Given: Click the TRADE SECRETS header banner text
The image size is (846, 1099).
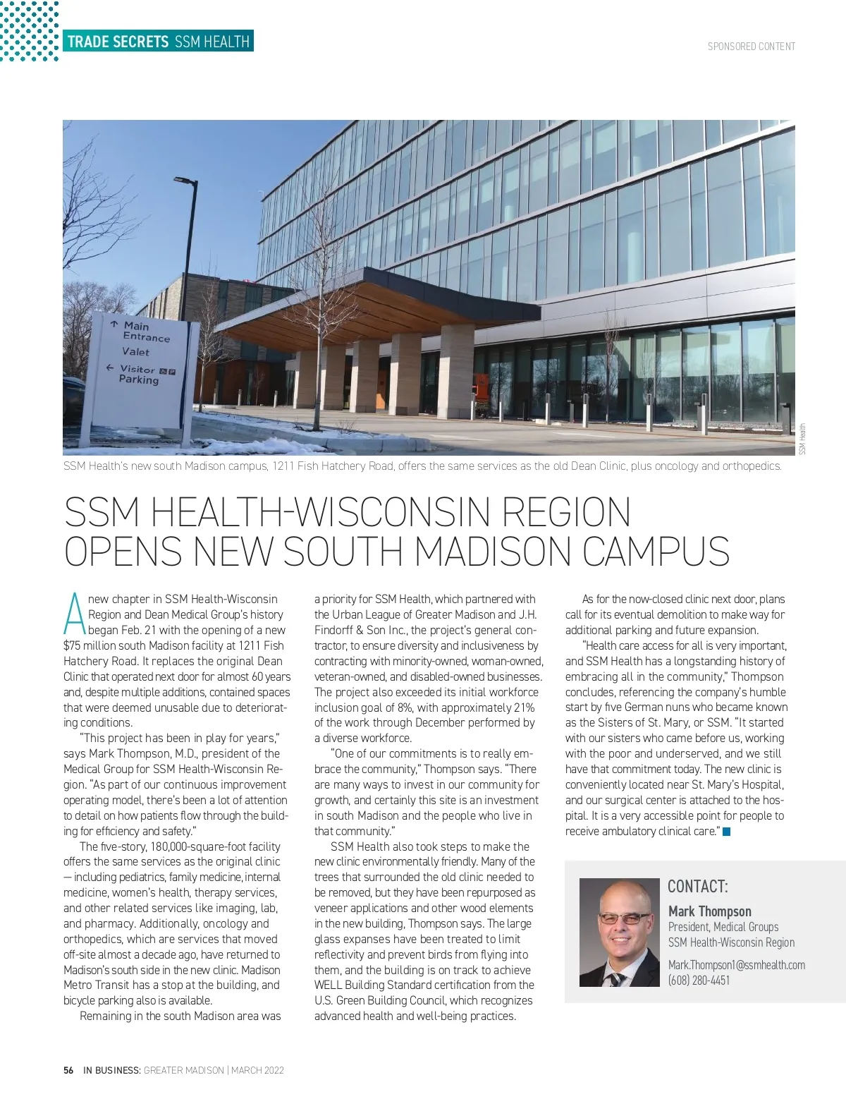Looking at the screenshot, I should pos(118,42).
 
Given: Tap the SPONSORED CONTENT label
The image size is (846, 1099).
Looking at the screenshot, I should pos(752,47).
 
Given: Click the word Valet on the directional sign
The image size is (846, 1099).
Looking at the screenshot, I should pos(135,351).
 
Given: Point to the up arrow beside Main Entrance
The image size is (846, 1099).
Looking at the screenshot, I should pos(114,324).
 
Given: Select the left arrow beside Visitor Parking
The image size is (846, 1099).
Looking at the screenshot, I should pos(109,368).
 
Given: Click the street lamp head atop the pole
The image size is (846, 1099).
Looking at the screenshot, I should pos(185,183).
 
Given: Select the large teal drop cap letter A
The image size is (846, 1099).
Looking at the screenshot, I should pos(74,613).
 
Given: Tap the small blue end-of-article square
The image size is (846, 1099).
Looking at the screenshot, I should pos(727,832).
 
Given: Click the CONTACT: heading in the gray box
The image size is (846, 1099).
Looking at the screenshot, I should pos(697,887).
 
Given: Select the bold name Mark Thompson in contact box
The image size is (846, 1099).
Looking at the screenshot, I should pos(709,911).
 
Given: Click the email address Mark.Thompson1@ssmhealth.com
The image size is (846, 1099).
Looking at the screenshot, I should pos(736,965).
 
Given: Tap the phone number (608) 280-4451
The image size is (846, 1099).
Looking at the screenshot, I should pos(699,980).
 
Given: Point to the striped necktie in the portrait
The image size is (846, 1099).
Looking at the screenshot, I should pos(617,978).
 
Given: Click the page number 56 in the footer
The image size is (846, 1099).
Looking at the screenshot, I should pos(68,1070).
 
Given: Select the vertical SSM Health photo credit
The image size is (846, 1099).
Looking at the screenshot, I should pos(802,439).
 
